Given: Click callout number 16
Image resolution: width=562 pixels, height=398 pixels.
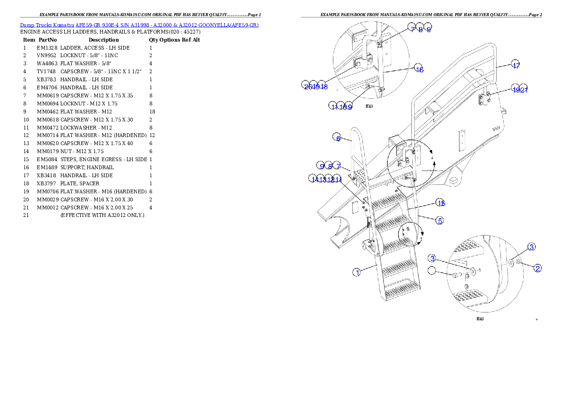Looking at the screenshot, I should coord(419,69).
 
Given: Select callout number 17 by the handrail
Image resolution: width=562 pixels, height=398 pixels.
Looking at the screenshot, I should coord(516,66).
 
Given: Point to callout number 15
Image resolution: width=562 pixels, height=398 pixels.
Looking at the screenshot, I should coord(441,203).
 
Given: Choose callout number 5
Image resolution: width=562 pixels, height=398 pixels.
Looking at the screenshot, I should coord(439,220).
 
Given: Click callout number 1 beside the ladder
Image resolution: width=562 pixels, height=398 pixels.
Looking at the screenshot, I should coord(358,272).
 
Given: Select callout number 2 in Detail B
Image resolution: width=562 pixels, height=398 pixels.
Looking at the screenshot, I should coord(537,268).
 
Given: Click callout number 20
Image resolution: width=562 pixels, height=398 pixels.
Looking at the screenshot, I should coord(307,86).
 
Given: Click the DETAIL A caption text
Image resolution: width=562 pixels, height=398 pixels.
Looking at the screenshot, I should coord(369,107).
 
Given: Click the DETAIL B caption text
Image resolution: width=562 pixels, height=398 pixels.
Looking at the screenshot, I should coord(480,319).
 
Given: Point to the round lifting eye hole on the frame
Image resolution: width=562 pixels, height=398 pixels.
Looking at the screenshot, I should coord(455,180).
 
